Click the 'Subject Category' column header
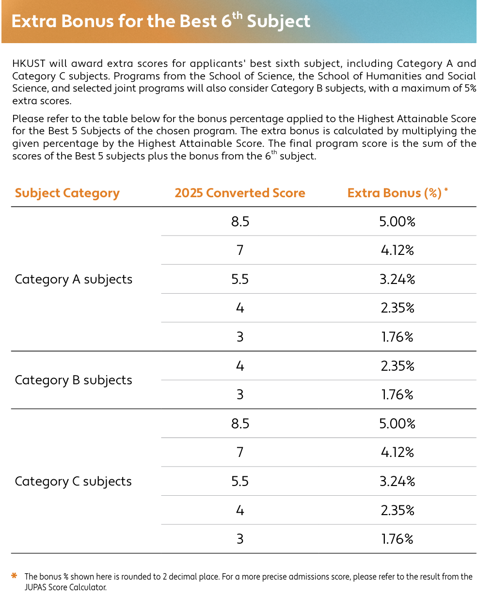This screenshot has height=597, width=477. [x=67, y=193]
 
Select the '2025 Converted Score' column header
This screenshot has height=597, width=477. [x=240, y=193]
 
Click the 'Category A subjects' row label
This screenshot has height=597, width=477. [x=74, y=279]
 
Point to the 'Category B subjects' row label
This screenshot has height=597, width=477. [x=74, y=380]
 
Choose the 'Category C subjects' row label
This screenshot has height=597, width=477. [x=73, y=481]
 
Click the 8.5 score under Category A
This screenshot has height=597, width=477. [x=240, y=222]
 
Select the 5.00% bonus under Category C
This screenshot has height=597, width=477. [x=397, y=424]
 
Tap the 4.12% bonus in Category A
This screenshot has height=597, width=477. [x=397, y=251]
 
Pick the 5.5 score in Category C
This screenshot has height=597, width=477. [x=240, y=481]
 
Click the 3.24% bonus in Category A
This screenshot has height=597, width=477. [x=397, y=279]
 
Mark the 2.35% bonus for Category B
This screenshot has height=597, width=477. [x=397, y=366]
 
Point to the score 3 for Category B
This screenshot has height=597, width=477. [x=240, y=394]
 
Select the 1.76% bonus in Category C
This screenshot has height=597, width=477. [x=397, y=539]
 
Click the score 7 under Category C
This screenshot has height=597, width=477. [x=240, y=453]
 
